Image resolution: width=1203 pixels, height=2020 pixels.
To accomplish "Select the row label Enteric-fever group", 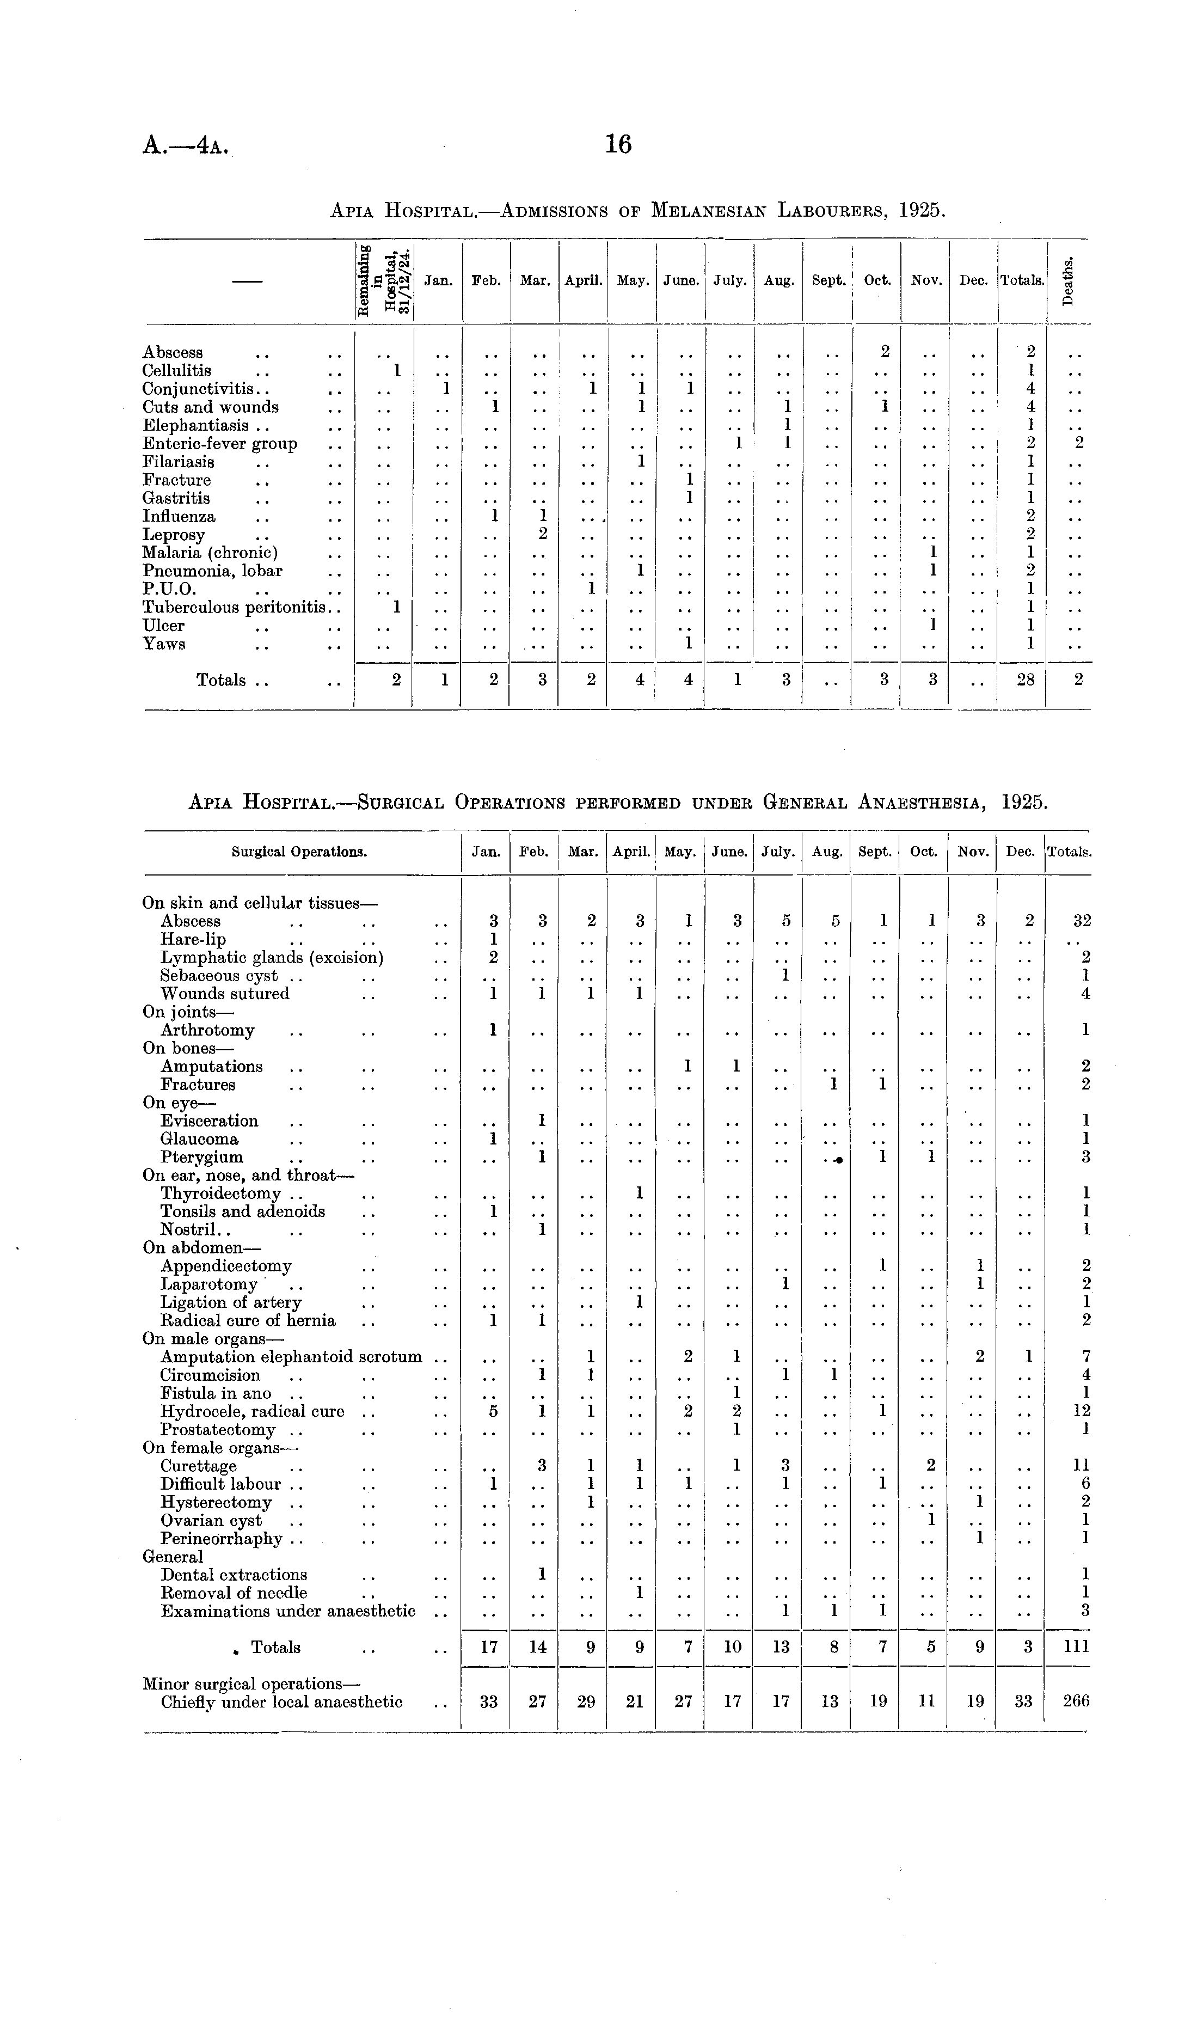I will pos(220,443).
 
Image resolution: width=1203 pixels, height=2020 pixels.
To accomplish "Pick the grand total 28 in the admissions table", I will pos(1026,680).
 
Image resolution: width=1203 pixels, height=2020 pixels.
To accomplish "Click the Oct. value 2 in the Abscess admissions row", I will pos(885,352).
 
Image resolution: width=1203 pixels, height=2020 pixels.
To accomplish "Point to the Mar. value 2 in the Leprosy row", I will pos(543,534).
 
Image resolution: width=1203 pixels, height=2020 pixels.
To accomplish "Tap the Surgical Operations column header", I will pos(299,852).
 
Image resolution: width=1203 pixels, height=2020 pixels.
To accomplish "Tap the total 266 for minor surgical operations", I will pos(1077,1701).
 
